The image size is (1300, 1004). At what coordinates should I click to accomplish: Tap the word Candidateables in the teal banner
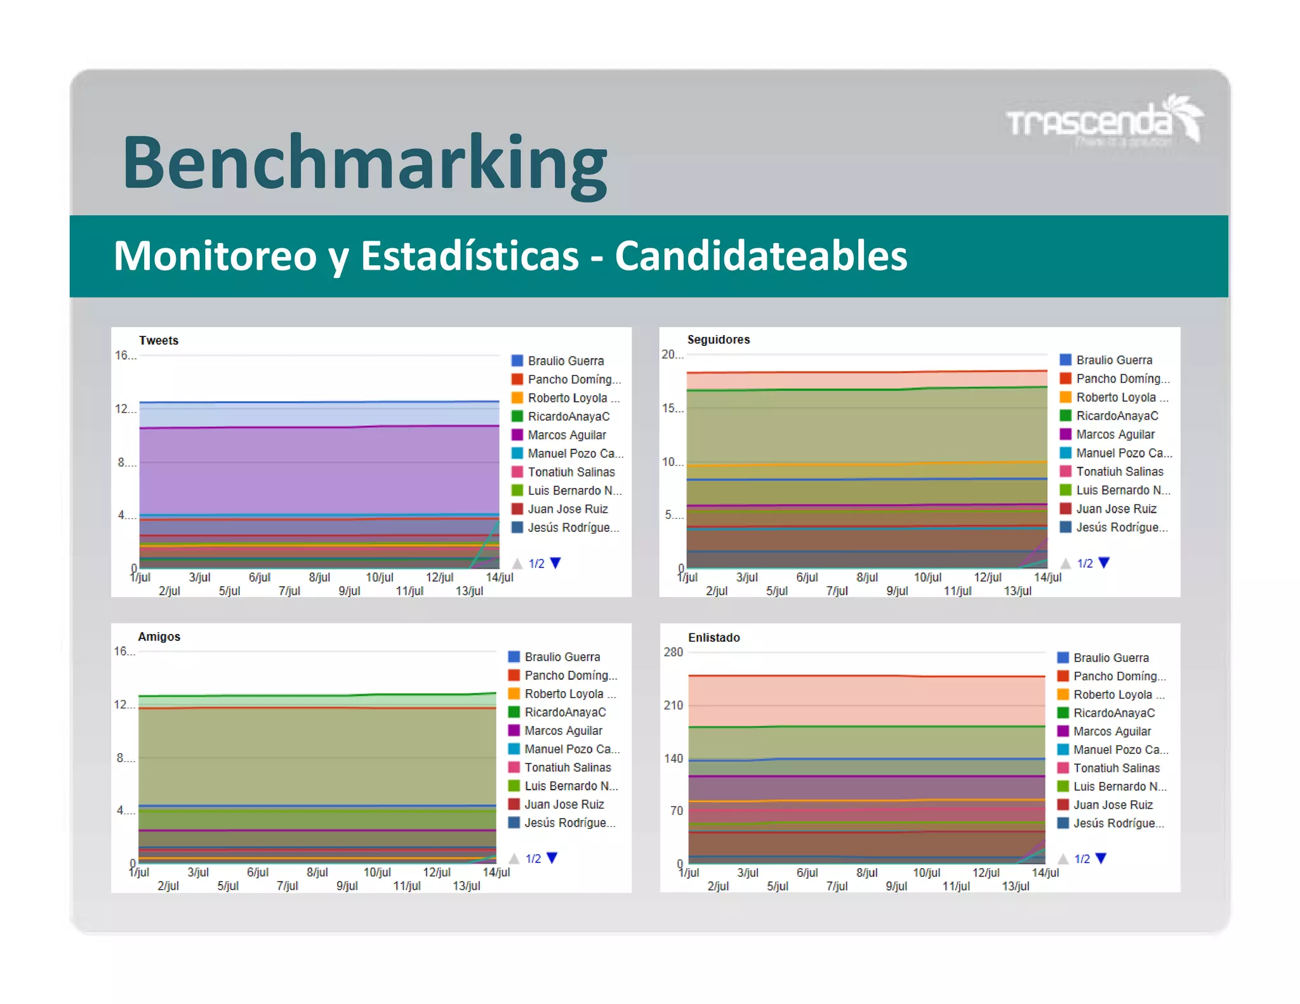pos(760,256)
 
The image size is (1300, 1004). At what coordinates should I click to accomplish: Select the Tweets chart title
pos(159,340)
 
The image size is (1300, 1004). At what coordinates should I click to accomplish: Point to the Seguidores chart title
pos(718,340)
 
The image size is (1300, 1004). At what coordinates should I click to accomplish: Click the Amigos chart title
pos(159,637)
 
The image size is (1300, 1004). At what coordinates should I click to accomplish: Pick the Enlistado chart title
pos(713,637)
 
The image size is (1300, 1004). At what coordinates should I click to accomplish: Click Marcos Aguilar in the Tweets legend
pos(566,435)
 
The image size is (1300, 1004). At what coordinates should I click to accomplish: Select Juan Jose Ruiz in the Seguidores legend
pos(1116,508)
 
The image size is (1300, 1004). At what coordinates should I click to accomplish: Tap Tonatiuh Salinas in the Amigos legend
pos(567,767)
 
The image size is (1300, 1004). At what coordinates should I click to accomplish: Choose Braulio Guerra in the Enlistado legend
pos(1111,657)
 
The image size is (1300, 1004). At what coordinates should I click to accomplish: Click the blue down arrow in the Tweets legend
pos(556,563)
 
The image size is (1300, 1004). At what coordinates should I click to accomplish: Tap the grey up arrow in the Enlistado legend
pos(1063,859)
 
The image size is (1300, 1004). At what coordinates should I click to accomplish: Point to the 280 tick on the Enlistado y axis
pos(673,652)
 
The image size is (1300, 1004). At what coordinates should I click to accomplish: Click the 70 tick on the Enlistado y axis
pos(676,810)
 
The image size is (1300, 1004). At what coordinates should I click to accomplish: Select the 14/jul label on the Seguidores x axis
pos(1047,577)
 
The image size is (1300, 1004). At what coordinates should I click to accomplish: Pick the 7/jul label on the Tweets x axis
pos(289,591)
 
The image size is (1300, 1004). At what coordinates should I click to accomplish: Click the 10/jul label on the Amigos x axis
pos(377,872)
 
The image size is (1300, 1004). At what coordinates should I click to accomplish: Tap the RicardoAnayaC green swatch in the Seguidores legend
pos(1066,416)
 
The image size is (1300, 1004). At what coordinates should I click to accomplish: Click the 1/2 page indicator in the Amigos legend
pos(533,859)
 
